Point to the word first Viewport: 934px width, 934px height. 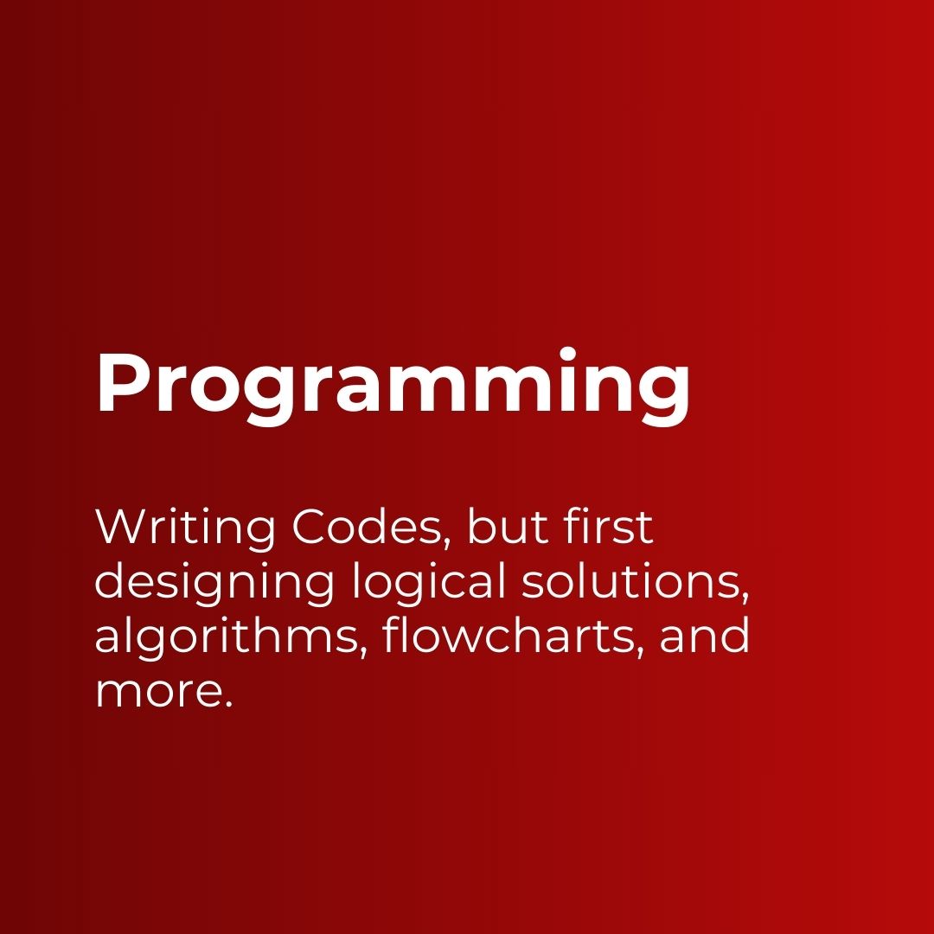pos(610,528)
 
